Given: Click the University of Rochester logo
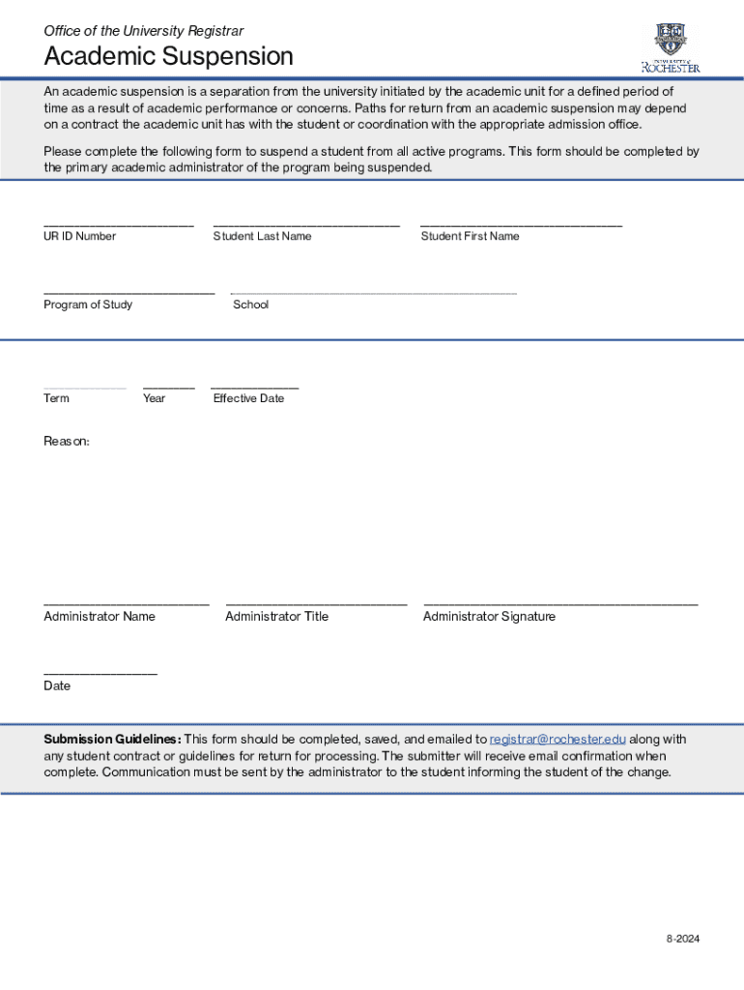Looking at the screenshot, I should coord(671,47).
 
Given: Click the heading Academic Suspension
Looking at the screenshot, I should coord(168,57).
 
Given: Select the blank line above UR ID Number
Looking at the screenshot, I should coord(118,224).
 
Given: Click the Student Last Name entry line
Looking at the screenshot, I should coord(306,224).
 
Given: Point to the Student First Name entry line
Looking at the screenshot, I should coord(521,224).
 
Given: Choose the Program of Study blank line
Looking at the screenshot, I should coord(129,292).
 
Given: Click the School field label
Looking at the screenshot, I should coord(251,305).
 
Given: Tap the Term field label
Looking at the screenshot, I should coord(56,398).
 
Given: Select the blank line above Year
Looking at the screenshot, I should coord(168,387).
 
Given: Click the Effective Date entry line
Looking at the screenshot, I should coord(254,387).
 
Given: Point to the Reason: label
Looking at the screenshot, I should coord(67,441).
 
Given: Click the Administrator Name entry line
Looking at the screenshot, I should coord(126,604).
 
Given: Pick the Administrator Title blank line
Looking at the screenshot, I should coord(316,604).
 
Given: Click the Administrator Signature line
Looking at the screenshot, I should coord(560,604).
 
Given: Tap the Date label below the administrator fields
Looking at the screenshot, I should coord(57,685).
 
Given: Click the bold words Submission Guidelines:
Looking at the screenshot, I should coord(112,740).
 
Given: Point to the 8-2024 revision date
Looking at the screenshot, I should coord(681,939).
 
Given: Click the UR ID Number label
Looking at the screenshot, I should coord(79,236).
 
